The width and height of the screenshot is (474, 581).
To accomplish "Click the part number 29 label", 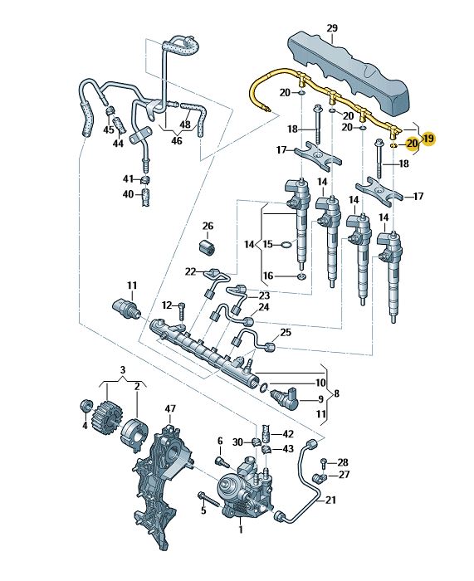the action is click(332, 27).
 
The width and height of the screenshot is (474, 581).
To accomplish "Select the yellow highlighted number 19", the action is click(428, 139).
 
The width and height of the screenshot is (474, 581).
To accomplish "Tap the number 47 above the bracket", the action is click(170, 409).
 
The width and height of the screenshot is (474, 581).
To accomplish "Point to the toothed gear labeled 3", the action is click(107, 415).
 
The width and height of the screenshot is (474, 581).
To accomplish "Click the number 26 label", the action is click(208, 226).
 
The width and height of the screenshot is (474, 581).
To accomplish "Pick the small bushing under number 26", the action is click(208, 248).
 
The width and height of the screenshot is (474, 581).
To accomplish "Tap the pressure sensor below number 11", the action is click(127, 308).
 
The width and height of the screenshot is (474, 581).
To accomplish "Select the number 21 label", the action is click(330, 500).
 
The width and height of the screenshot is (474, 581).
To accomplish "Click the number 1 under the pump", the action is click(241, 530).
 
